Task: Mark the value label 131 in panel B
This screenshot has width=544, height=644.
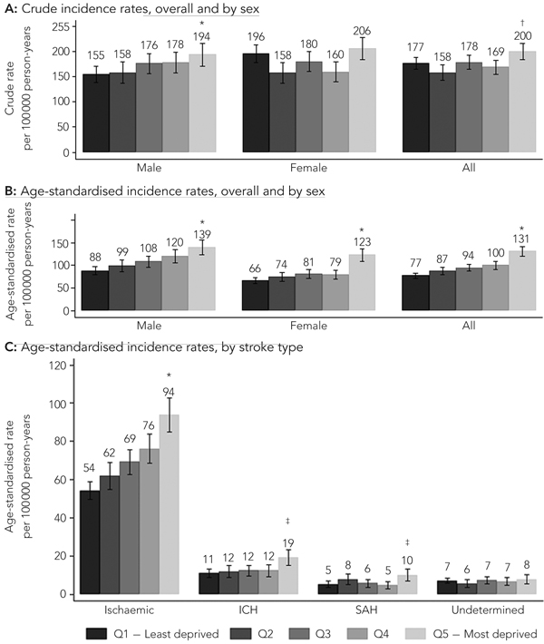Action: click(x=523, y=236)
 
